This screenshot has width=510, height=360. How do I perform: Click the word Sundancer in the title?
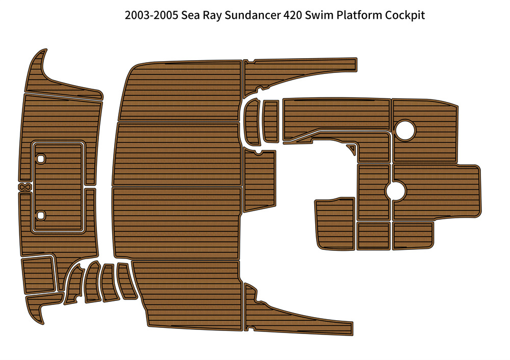point(252,15)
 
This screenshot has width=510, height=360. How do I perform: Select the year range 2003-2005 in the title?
point(151,15)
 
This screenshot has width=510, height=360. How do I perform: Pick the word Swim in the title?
point(319,15)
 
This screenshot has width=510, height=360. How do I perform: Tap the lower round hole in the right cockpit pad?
point(396,191)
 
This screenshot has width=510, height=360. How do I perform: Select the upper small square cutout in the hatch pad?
point(41,159)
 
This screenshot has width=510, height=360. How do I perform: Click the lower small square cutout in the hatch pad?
point(41,215)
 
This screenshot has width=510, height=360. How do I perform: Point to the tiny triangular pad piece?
point(351,148)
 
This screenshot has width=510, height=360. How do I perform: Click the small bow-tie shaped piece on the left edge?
point(24,187)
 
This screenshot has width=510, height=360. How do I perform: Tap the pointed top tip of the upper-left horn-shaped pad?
point(45,50)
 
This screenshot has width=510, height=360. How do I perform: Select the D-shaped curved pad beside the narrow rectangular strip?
point(252,122)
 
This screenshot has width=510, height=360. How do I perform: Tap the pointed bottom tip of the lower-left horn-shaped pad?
point(42,323)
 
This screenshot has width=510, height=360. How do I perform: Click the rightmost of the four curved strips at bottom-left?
point(126,281)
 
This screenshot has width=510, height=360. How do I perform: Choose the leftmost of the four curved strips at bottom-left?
point(73,285)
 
